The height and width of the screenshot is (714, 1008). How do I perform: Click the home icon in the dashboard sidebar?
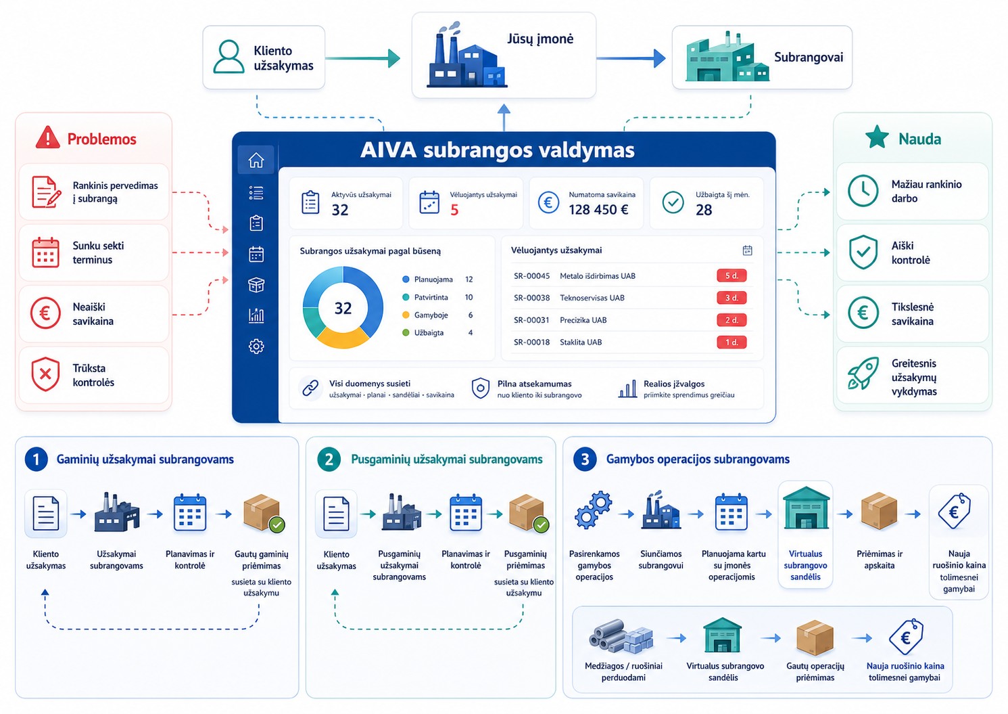coord(256,160)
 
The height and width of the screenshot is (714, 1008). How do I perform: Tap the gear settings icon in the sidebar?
coord(256,346)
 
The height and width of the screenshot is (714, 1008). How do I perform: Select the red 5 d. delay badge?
coord(731,275)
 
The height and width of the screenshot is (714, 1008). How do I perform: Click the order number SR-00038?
coord(531,298)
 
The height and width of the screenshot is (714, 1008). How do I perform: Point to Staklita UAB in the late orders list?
coord(581,342)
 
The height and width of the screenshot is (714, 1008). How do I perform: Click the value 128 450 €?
coord(598,210)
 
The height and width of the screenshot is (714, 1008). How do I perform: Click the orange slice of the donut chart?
coord(343,338)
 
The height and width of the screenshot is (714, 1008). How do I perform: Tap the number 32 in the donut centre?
coord(343,308)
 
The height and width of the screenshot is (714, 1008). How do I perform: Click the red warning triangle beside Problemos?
coord(48,137)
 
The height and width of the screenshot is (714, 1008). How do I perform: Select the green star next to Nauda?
coord(877,137)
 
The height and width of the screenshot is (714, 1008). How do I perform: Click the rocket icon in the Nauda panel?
coord(863,374)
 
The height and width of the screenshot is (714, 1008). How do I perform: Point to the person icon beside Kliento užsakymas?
coord(229,57)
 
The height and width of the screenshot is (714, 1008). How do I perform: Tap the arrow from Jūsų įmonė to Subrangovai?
coord(631,58)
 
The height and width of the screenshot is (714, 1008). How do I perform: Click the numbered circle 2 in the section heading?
coord(329,460)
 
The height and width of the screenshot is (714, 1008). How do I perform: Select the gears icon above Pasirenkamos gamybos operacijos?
coord(593,510)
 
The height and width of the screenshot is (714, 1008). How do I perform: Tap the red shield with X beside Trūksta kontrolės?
coord(45,374)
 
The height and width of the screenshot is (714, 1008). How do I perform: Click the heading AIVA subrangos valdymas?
coord(498,150)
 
